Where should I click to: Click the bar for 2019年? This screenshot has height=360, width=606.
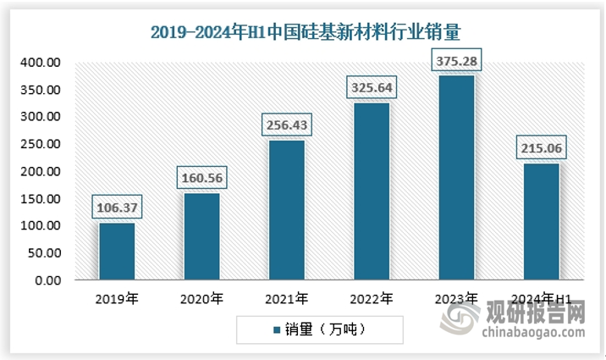tap(117, 251)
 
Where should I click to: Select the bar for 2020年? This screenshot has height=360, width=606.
tap(201, 236)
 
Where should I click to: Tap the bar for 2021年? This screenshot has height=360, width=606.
tap(287, 210)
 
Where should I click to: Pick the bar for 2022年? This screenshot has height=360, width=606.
tap(372, 191)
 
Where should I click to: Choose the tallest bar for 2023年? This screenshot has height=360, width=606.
tap(456, 178)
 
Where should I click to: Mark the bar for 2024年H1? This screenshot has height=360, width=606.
tap(541, 221)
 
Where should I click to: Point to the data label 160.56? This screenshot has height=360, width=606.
tap(201, 178)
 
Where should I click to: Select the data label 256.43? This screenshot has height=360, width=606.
tap(287, 125)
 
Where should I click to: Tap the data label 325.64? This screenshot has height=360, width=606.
tap(372, 87)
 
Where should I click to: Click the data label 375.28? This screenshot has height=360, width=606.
tap(456, 61)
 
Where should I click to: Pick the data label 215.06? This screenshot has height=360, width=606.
tap(541, 148)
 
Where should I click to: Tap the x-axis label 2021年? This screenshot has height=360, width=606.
tap(287, 298)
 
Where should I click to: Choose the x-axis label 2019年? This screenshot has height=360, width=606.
tap(117, 298)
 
